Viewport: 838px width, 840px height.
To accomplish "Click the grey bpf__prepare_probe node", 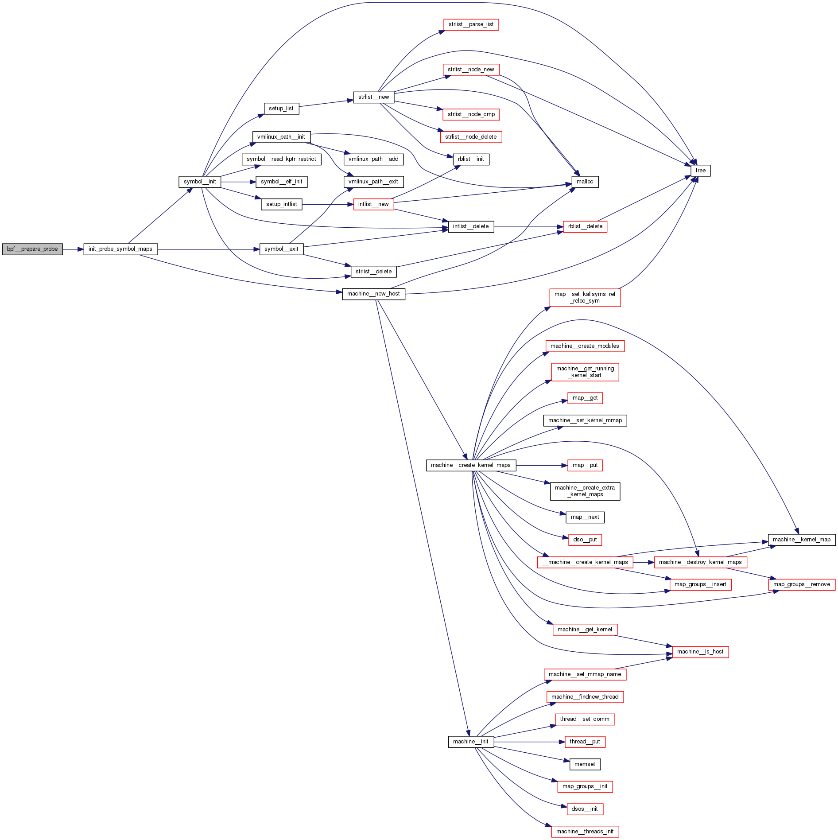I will (32, 249).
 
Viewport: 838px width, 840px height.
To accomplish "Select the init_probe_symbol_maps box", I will (120, 249).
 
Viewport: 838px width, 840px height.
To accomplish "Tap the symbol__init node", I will (200, 182).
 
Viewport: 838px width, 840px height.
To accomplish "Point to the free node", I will (700, 171).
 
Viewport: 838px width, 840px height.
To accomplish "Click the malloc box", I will (585, 182).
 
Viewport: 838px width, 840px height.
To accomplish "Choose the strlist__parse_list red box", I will (471, 24).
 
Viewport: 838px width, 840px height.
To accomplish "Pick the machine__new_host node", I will (373, 294).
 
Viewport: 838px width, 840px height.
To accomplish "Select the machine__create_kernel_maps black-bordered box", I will (471, 465).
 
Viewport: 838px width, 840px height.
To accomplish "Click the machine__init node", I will (471, 742).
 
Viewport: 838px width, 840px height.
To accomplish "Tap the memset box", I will (585, 764).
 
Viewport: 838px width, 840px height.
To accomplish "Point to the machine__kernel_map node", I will (802, 540).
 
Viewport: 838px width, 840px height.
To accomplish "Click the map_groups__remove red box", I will (802, 584).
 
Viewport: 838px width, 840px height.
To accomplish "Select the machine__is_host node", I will (700, 652).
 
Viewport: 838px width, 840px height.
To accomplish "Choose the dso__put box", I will (585, 540).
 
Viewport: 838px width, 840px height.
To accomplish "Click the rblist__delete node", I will (585, 226).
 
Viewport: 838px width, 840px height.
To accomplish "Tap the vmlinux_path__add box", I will (373, 159).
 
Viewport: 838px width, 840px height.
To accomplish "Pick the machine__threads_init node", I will (585, 832).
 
